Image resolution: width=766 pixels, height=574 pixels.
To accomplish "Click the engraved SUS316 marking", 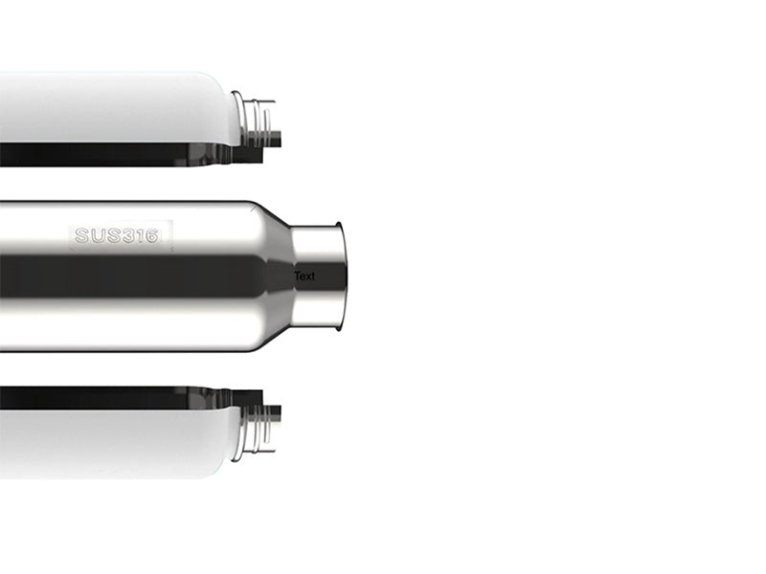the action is pos(117,235).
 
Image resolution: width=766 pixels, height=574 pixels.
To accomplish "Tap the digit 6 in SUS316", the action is pos(151,235).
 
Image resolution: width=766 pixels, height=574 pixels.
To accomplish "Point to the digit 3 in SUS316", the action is pos(129,235).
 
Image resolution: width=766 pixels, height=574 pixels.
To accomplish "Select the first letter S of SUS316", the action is pos(81,235).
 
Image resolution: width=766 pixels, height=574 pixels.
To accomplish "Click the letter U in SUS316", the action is pos(98,235).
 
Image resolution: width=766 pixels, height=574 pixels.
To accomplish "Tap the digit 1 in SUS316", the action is pos(140,235).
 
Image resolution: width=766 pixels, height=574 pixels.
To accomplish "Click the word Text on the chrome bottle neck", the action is pos(304,276).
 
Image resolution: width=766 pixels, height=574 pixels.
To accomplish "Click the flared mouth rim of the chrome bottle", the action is pos(341,276).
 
